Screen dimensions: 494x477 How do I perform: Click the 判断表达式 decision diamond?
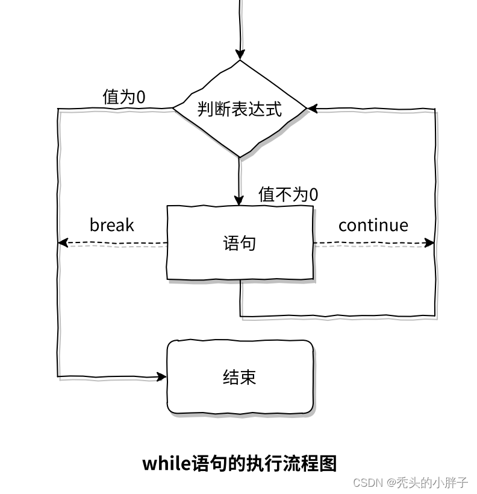point(240,109)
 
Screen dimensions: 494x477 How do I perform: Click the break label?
point(111,225)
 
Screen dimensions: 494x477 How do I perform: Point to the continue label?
point(373,225)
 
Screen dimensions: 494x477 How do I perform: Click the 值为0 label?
point(124,97)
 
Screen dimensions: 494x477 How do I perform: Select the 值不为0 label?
point(288,194)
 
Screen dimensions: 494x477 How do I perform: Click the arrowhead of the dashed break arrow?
point(62,242)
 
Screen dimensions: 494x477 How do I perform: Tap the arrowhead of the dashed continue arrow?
point(429,242)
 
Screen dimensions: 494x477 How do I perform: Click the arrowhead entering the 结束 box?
point(162,377)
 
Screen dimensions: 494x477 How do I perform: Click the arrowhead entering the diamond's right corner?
point(312,109)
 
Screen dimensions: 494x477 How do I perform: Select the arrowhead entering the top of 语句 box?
point(240,200)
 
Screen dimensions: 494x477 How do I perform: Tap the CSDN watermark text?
point(368,483)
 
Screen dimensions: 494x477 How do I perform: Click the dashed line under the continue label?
point(373,243)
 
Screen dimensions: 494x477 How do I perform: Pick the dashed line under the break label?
point(114,243)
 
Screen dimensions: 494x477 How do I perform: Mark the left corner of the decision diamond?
point(174,109)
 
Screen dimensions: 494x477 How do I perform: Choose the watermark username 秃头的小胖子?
point(432,483)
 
